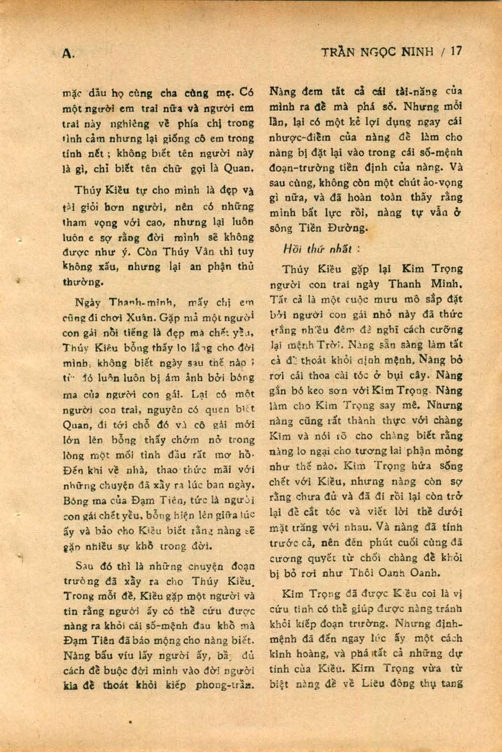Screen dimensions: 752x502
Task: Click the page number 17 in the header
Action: tap(455, 52)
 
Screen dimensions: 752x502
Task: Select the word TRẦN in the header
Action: tap(337, 52)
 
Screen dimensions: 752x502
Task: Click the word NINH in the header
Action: tap(416, 52)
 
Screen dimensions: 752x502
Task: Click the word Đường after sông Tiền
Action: tap(348, 228)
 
